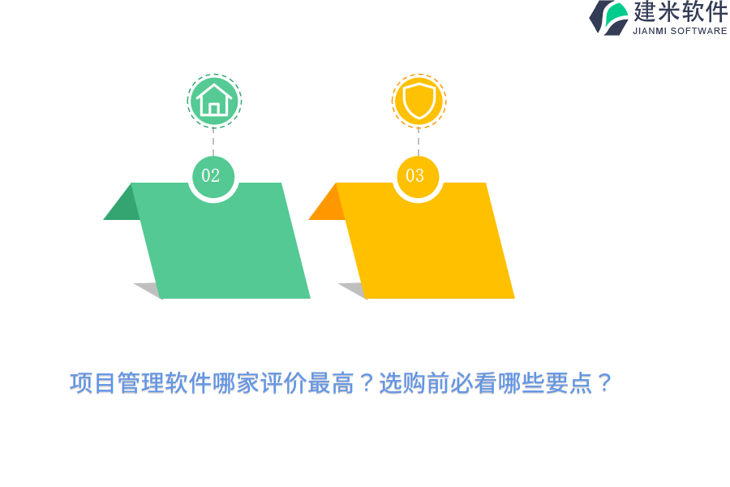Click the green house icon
coord(214,101)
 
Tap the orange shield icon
coord(419,101)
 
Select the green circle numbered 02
coord(213,176)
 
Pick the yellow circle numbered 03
coord(417,176)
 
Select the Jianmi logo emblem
coord(608,17)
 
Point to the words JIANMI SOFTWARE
coord(680,31)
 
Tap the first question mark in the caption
coord(366,383)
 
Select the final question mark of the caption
coord(604,383)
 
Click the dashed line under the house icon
coord(213,140)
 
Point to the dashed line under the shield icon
coord(419,140)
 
